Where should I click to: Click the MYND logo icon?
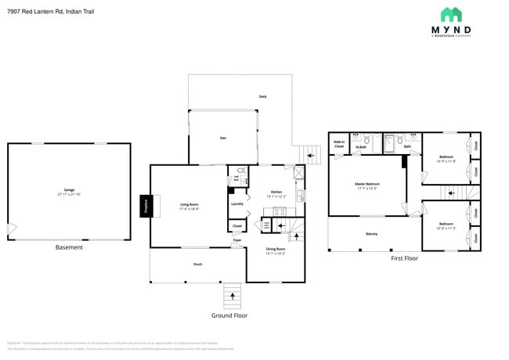coord(451,15)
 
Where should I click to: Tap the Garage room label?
coord(70,192)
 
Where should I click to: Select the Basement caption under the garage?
coord(69,247)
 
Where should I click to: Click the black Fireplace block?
coord(145,206)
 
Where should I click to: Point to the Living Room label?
coord(189,206)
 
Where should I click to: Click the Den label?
coord(222,138)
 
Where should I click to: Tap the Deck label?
coord(263,96)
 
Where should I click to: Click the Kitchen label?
coord(276,193)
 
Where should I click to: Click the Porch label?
coord(198,265)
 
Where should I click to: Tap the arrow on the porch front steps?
coord(232,296)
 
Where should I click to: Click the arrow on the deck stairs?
coord(311,155)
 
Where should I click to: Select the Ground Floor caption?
coord(230,315)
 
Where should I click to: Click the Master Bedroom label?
coord(366,185)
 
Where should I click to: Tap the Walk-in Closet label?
coord(339,144)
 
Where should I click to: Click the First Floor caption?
coord(404,258)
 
